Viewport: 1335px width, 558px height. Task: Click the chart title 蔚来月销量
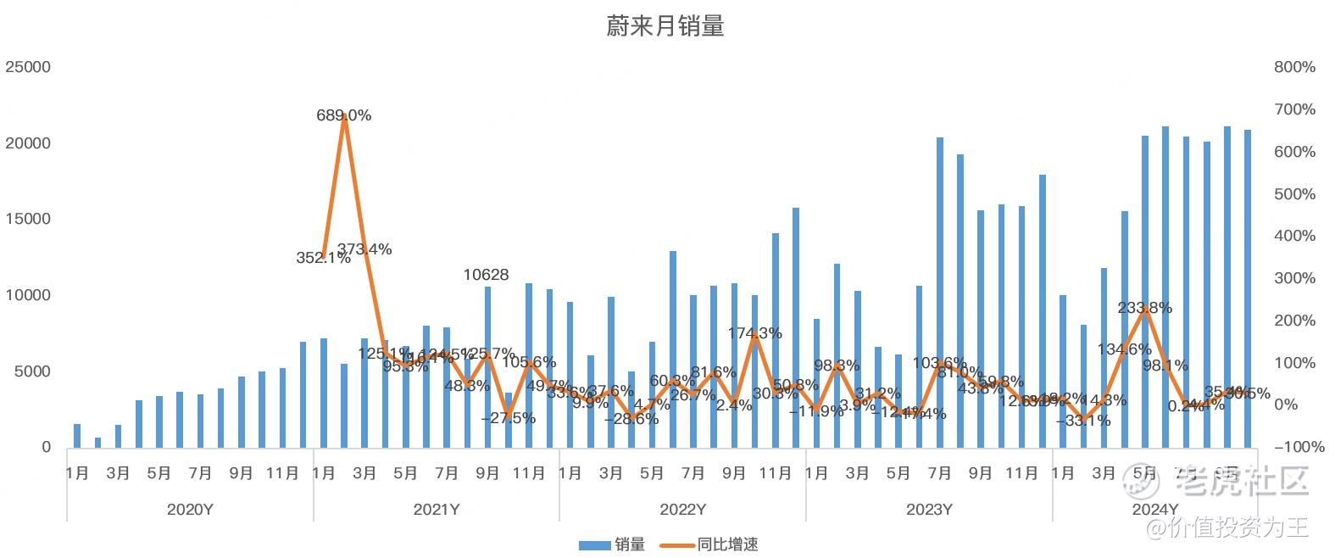pos(665,26)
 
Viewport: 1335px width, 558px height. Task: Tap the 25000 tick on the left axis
pos(28,67)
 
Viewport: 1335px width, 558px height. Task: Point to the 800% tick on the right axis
pos(1294,67)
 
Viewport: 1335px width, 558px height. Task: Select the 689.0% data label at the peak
pos(344,115)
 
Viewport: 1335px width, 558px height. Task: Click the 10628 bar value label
pos(487,275)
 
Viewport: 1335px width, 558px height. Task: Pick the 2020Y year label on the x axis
pos(190,510)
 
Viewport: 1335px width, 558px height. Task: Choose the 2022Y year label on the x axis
pos(683,510)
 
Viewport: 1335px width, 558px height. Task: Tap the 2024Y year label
pos(1155,510)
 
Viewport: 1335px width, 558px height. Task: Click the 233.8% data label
pos(1145,308)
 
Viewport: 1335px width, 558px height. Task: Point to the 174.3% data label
pos(754,333)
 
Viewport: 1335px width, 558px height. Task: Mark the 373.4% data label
pos(364,249)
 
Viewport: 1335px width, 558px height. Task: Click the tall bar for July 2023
pos(940,293)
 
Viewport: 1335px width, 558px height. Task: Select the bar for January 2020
pos(77,435)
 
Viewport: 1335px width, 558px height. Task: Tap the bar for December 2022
pos(796,327)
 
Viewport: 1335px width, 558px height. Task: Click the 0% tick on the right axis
pos(1286,405)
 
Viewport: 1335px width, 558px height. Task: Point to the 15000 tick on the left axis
pos(28,219)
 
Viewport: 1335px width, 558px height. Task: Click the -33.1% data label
pos(1083,421)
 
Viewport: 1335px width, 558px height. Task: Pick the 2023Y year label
pos(929,510)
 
